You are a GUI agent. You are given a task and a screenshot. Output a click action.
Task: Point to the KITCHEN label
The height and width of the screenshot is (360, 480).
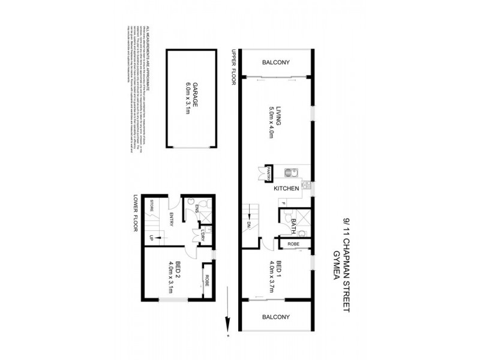pos(286,188)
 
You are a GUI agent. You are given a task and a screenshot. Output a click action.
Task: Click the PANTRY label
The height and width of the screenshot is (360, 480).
pos(269,173)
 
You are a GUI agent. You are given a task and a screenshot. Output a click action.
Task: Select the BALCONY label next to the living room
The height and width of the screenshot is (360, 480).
pos(276,62)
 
